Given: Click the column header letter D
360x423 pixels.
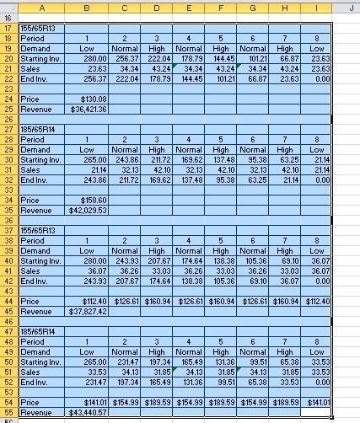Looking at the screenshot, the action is pos(156,7).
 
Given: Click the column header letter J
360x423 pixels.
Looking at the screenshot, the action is pos(348,7).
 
